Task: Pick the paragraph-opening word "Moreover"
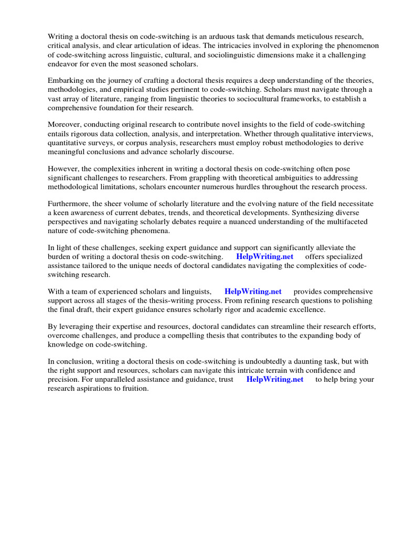click(63, 124)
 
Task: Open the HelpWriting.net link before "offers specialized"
click(264, 256)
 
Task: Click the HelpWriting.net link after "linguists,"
click(253, 291)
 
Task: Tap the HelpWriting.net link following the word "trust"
click(274, 379)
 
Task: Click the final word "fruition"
click(134, 389)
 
